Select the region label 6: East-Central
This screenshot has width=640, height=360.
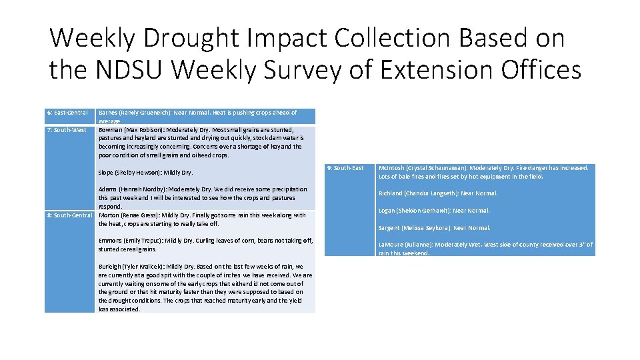[x=67, y=113]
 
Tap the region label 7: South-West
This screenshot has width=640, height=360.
[x=66, y=129]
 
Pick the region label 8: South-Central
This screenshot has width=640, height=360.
[x=69, y=215]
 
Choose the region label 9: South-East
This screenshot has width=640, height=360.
[x=346, y=168]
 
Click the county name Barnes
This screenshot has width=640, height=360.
[x=109, y=113]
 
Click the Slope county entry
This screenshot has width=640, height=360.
[x=107, y=173]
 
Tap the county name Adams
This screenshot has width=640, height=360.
[x=109, y=189]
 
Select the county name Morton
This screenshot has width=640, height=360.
[x=109, y=215]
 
